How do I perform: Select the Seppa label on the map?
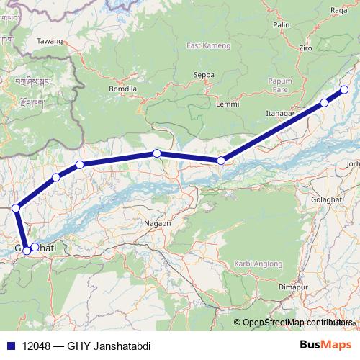coord(204,74)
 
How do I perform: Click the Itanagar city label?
coord(282,113)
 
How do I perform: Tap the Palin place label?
coord(281,24)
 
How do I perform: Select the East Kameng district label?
coord(203,47)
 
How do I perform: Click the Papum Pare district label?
coord(279,86)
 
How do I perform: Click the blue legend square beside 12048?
coord(10,346)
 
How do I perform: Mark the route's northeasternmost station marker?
coord(343,89)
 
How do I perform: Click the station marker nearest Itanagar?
coord(324,103)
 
